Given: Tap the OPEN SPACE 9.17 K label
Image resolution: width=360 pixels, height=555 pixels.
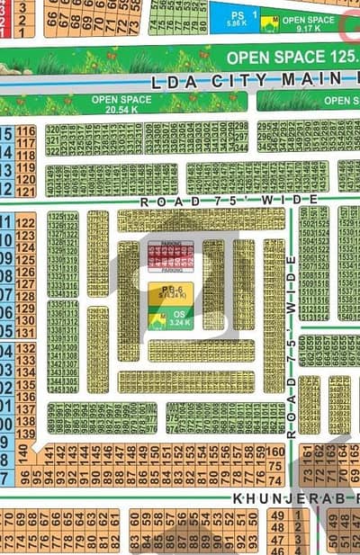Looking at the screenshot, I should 309,23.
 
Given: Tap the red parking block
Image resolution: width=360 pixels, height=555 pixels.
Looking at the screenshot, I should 165,255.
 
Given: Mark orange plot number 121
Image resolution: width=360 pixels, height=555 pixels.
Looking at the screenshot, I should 25,191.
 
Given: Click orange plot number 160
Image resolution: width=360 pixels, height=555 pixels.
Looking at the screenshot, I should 276,452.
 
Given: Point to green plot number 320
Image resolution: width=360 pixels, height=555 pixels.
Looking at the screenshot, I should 52,130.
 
